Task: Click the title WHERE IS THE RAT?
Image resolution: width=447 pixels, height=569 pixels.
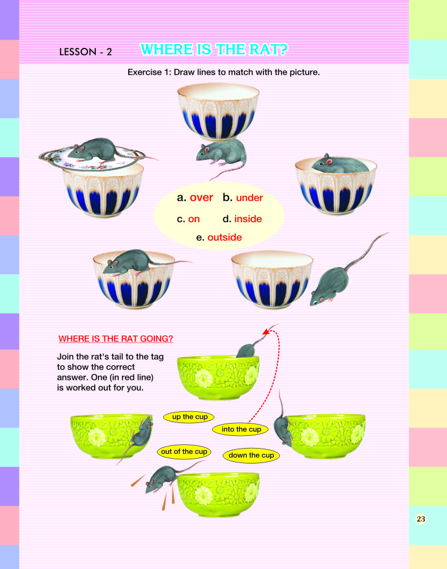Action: tap(214, 50)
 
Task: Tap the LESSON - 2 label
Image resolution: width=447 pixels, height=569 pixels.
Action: tap(86, 52)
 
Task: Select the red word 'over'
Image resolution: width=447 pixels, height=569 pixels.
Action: tap(201, 198)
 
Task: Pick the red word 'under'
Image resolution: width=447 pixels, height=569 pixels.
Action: tap(250, 198)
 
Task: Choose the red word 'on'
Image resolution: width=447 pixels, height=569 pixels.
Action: tap(194, 219)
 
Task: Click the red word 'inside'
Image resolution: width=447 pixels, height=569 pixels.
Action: tap(248, 219)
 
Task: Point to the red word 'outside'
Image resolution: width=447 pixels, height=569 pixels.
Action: tap(225, 237)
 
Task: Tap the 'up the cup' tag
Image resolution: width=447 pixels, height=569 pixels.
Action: tap(189, 417)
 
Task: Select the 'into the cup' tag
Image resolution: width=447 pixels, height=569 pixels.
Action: tap(241, 429)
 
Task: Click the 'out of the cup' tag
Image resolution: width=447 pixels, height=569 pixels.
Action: tap(184, 452)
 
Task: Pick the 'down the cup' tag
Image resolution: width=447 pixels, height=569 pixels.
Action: tap(251, 456)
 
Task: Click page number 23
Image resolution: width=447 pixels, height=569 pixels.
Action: tap(420, 519)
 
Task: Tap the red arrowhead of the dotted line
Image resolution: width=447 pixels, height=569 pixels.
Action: tap(266, 331)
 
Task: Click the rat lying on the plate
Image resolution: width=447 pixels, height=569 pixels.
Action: tap(96, 150)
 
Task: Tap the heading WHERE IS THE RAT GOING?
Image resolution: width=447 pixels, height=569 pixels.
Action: tap(115, 338)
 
